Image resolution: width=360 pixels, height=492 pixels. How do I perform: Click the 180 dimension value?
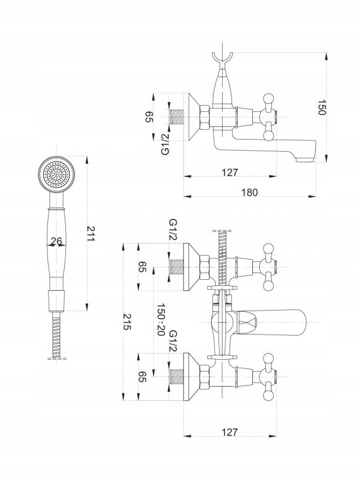coord(250,192)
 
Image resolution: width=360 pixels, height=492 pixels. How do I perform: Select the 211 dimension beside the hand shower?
coord(90,234)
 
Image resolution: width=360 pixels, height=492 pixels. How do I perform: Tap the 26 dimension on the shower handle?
coord(57,241)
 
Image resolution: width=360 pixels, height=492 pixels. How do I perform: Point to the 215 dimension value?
coord(127,322)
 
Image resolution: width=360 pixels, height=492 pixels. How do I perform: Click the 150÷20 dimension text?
coord(161,319)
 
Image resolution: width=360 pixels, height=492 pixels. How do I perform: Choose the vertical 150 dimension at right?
coord(322,107)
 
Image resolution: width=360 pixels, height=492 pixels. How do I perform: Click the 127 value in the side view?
coord(230,172)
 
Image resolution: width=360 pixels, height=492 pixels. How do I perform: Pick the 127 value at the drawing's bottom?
coord(230,432)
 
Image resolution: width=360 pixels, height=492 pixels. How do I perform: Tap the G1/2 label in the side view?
coord(165,144)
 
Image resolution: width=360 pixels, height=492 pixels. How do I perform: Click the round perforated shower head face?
coord(57,174)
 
